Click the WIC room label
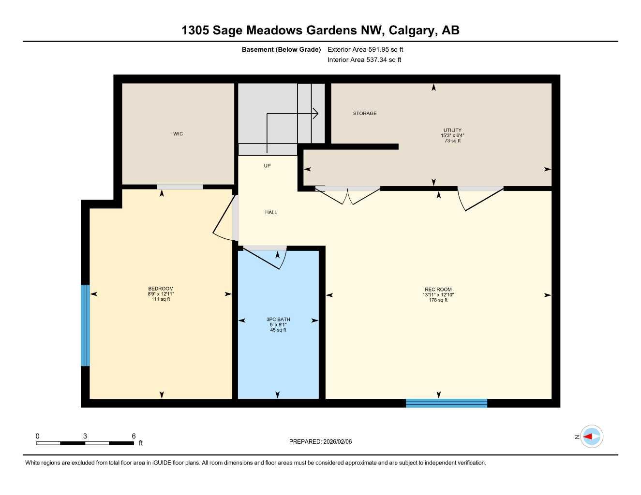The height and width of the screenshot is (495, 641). tap(178, 134)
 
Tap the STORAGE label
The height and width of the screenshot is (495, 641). tap(365, 114)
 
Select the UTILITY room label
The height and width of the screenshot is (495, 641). tap(452, 131)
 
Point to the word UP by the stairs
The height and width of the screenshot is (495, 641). tap(267, 166)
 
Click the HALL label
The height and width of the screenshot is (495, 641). tap(271, 212)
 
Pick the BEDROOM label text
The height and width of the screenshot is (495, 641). tap(161, 289)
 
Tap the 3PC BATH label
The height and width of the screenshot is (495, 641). tap(278, 320)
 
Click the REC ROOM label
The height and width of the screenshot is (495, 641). tap(438, 290)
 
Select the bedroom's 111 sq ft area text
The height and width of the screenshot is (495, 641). tap(161, 299)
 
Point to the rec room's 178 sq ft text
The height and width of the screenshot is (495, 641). tap(438, 300)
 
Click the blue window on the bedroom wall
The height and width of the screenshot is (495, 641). tap(86, 325)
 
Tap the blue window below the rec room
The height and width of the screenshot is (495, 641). tap(446, 403)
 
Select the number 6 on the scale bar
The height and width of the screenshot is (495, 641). tap(134, 436)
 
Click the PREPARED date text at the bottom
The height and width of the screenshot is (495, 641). tap(320, 441)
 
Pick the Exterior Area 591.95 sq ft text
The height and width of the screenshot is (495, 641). tap(365, 49)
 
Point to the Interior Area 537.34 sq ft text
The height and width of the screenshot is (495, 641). tap(364, 60)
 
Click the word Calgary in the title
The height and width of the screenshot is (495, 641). tap(411, 30)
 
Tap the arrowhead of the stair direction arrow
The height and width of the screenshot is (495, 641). tap(315, 114)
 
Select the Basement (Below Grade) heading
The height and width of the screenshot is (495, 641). tap(281, 49)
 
